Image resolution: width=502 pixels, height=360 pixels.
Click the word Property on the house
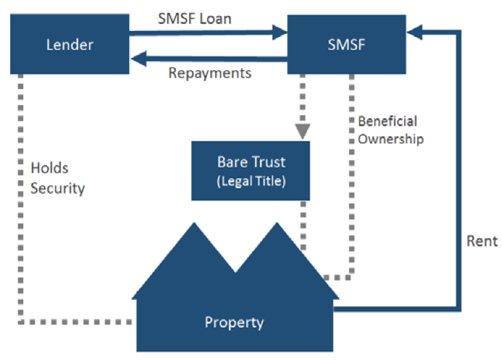click(x=234, y=322)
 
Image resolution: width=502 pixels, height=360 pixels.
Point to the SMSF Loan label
click(x=194, y=18)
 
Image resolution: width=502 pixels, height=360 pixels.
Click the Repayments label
click(x=209, y=73)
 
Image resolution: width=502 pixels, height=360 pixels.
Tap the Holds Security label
click(x=58, y=178)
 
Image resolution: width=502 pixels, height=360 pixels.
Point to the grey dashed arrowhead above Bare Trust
click(x=303, y=130)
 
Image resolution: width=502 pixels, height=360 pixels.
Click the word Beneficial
click(x=388, y=121)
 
